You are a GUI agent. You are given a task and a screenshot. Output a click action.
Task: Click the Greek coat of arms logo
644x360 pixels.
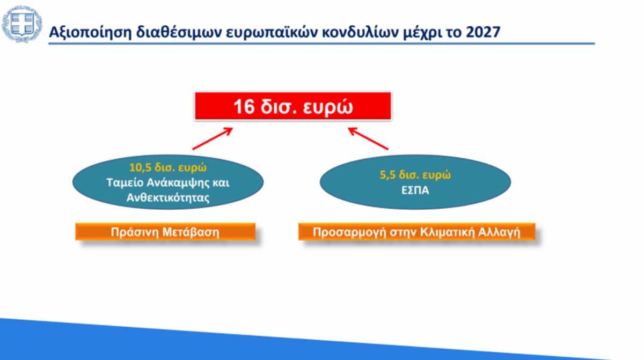pyautogui.click(x=22, y=24)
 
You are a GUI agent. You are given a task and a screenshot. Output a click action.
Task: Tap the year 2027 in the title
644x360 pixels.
pyautogui.click(x=483, y=32)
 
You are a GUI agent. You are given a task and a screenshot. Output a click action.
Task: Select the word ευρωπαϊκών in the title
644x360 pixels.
pyautogui.click(x=272, y=32)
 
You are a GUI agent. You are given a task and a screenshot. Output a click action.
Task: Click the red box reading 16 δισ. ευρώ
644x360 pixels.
pyautogui.click(x=293, y=106)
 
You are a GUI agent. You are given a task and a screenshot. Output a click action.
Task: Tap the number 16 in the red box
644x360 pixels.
pyautogui.click(x=244, y=107)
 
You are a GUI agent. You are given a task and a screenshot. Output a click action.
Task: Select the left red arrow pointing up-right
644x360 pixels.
pyautogui.click(x=213, y=139)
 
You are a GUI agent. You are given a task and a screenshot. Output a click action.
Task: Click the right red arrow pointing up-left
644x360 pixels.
pyautogui.click(x=368, y=139)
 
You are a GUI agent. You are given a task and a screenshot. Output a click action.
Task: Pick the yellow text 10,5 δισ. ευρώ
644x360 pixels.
pyautogui.click(x=168, y=167)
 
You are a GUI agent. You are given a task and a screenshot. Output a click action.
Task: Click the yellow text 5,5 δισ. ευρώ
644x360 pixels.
pyautogui.click(x=415, y=175)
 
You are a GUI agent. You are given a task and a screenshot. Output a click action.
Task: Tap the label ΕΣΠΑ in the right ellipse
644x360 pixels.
pyautogui.click(x=415, y=190)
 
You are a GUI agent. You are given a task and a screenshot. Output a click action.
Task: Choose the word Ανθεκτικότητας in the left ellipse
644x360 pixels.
pyautogui.click(x=168, y=197)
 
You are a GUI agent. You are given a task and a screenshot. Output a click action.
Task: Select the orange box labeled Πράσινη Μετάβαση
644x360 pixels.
pyautogui.click(x=165, y=232)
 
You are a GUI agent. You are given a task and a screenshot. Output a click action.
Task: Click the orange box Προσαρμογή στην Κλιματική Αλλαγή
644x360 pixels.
pyautogui.click(x=416, y=232)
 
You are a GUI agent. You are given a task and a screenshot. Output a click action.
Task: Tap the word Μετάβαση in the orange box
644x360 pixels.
pyautogui.click(x=191, y=232)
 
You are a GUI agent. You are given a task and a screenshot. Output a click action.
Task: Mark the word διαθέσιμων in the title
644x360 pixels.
pyautogui.click(x=179, y=32)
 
